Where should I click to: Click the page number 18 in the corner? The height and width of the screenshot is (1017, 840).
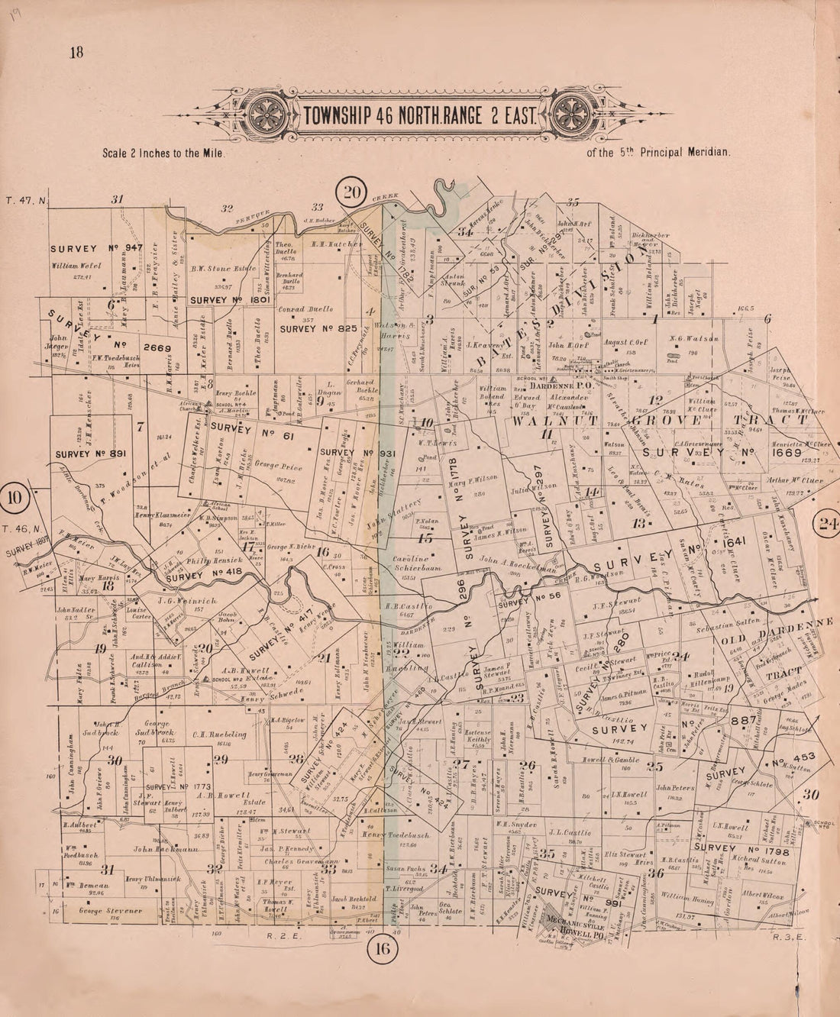(76, 53)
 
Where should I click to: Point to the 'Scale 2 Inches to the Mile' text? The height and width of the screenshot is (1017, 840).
(163, 153)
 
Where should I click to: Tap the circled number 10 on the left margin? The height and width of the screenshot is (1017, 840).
(15, 499)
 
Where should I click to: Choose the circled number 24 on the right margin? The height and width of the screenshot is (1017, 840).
(827, 523)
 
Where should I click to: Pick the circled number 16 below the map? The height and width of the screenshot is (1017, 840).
(381, 949)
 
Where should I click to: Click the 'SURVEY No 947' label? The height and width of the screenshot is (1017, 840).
(97, 249)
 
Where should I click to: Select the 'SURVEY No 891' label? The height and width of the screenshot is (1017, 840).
(90, 454)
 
